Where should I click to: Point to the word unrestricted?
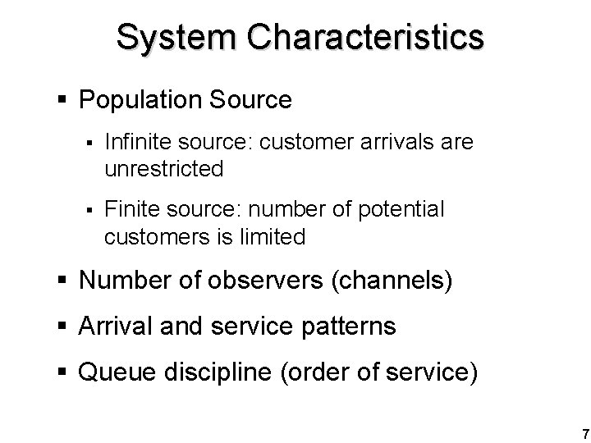164,170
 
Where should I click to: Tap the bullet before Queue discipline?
64,372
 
